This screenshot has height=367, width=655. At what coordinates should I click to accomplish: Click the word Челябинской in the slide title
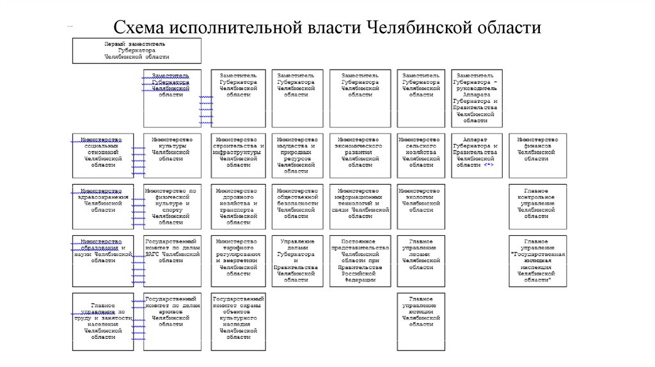[x=418, y=28]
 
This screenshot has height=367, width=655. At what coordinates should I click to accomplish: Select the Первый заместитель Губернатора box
[x=136, y=51]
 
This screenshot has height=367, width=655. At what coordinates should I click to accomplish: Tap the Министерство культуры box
[x=171, y=155]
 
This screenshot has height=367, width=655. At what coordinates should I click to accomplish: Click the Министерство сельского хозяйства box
[x=419, y=155]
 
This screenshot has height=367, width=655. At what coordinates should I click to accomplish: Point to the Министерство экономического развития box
[x=359, y=155]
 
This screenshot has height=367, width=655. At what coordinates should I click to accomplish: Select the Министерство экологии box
[x=419, y=207]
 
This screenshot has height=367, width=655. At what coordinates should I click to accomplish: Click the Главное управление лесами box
[x=419, y=261]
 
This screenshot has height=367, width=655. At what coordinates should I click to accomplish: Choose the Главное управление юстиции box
[x=419, y=322]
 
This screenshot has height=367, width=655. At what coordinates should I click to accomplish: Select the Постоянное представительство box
[x=359, y=261]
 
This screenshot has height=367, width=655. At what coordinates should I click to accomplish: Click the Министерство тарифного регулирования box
[x=237, y=261]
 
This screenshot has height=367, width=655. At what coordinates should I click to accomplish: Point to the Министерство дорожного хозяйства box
[x=237, y=207]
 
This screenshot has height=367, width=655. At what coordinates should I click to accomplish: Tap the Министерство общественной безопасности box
[x=296, y=207]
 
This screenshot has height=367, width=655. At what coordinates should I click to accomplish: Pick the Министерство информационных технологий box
[x=359, y=207]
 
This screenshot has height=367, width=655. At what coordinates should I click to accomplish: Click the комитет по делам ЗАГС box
[x=171, y=261]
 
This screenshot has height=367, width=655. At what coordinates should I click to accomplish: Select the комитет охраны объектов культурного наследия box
[x=237, y=322]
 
